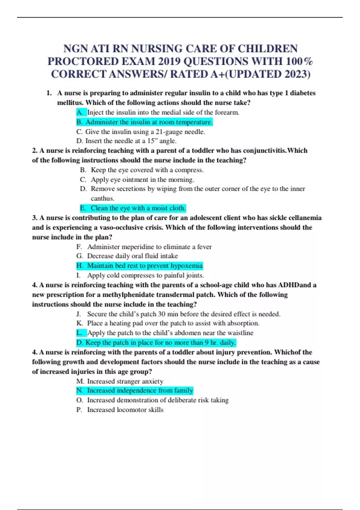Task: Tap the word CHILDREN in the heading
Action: pos(268,49)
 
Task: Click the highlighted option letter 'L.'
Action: pos(79,333)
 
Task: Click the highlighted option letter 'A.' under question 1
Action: pos(80,112)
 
